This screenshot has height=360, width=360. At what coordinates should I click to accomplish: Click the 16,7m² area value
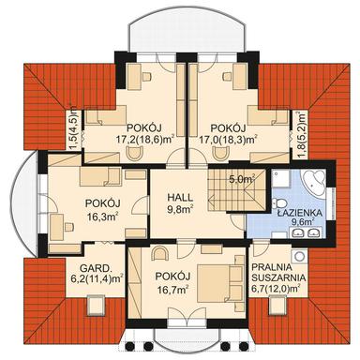point(172,290)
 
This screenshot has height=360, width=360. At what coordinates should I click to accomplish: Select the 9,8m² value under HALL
point(179,211)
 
